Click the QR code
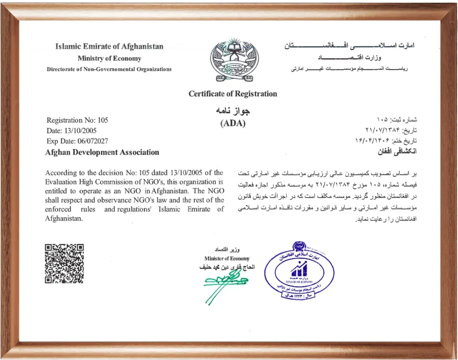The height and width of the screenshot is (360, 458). [x=64, y=263]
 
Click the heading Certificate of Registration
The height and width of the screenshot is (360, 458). [x=233, y=94]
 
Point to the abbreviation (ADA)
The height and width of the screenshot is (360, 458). [x=233, y=124]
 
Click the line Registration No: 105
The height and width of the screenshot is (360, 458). [x=77, y=120]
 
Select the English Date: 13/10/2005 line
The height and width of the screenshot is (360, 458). [x=71, y=131]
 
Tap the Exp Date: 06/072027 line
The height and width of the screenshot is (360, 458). [x=77, y=141]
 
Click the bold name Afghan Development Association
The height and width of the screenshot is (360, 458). [x=102, y=152]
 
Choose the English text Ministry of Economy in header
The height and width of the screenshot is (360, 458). [x=109, y=59]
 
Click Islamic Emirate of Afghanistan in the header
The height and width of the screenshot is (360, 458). [x=109, y=47]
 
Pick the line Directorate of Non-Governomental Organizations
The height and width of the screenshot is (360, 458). [x=109, y=69]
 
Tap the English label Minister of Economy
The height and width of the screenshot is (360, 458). [x=227, y=258]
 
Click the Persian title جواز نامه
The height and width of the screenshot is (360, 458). [x=233, y=110]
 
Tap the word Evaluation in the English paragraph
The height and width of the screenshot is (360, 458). [x=61, y=182]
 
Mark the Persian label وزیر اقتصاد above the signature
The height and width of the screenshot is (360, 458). [x=228, y=249]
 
